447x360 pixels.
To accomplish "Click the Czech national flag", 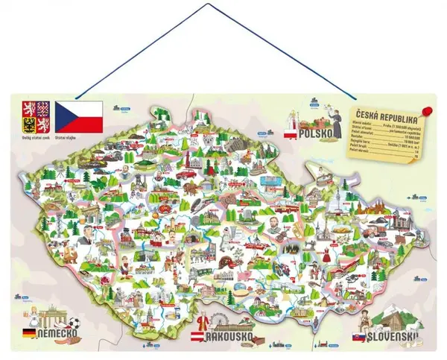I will click(x=80, y=113).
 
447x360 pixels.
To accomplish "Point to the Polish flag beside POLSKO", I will click(x=288, y=134).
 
